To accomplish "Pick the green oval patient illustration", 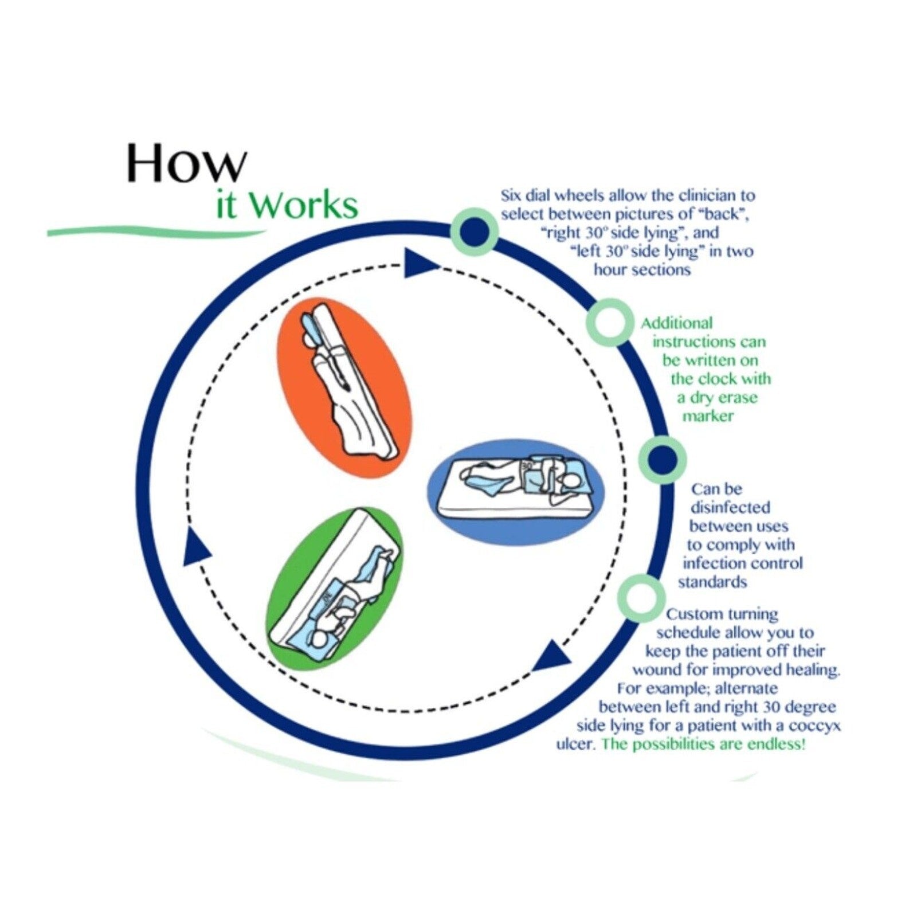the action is [x=335, y=589].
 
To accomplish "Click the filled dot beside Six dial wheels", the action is [x=475, y=232].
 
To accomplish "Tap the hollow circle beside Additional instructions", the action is [x=609, y=322].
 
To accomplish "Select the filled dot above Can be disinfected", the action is [x=663, y=458].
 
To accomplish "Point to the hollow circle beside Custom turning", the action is [x=641, y=598].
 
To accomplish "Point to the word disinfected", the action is [x=730, y=507].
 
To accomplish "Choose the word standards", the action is [x=712, y=582].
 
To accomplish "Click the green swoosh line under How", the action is [x=155, y=231].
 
